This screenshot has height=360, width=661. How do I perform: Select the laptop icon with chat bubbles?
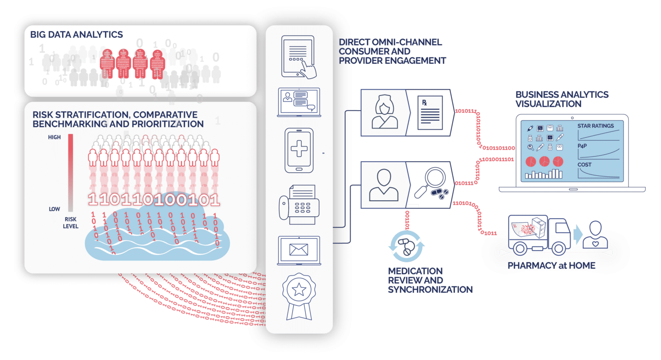(299, 101)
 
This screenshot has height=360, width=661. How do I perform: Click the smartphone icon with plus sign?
(299, 150)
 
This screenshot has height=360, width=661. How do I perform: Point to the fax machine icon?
(298, 204)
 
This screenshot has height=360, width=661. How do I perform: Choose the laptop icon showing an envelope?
(299, 250)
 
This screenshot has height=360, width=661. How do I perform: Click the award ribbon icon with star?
(299, 293)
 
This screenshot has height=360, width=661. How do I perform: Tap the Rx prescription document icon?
(430, 113)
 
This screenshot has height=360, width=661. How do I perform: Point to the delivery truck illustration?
(539, 235)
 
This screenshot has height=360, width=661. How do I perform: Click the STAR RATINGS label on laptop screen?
(595, 126)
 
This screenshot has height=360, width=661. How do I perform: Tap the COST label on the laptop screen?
(584, 164)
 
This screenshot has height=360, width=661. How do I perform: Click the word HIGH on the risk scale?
(54, 137)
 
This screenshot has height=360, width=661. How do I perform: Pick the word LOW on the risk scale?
(55, 209)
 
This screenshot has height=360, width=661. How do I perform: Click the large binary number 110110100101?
(153, 199)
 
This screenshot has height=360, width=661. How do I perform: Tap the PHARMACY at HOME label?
(551, 266)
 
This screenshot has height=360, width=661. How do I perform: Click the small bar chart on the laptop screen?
(543, 174)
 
